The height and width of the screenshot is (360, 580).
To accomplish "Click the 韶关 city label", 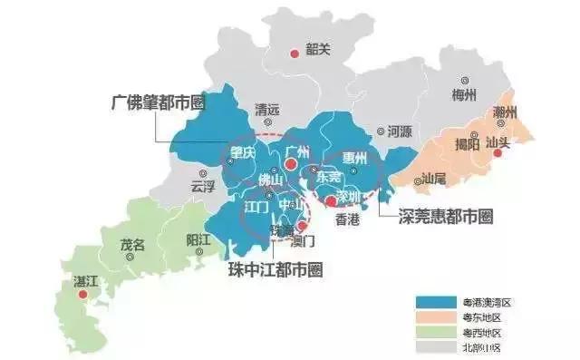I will coord(319,50).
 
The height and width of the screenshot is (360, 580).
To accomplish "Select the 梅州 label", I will coord(465,94).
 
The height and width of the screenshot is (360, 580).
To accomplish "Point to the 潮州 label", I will coord(505,112).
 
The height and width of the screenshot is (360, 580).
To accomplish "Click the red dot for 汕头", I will coord(496,154).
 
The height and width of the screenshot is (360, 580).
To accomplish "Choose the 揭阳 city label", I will coord(468,143).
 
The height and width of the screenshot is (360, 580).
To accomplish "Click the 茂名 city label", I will coord(133,244).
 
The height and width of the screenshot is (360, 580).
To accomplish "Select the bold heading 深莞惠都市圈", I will coord(448,217).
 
